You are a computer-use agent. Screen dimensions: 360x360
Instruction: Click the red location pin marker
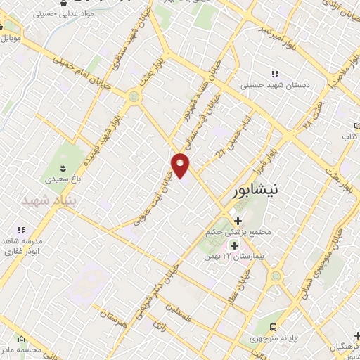pos(181,165)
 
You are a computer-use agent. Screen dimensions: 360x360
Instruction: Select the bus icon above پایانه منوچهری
pos(273,326)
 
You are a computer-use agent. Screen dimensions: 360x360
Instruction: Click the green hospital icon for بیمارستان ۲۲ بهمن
pos(234,245)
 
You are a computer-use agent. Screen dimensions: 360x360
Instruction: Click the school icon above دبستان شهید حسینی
pos(275,74)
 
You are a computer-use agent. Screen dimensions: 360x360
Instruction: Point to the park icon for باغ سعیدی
pos(64,167)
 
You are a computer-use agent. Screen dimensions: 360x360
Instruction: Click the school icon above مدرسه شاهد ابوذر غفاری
pos(22,230)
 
